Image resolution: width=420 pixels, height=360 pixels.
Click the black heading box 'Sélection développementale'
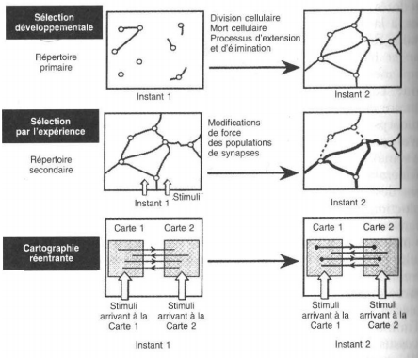[54, 23]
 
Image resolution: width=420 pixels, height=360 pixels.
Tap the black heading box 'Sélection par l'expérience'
[51, 126]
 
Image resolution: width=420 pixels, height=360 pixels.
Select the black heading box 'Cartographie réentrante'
[51, 254]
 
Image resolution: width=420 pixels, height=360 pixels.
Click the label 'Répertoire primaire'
[56, 62]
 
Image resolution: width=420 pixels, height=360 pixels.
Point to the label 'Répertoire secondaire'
[51, 165]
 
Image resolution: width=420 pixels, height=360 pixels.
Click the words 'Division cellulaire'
[245, 18]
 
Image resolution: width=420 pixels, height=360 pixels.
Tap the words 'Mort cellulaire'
[238, 28]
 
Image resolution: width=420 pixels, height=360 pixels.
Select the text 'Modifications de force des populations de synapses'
[239, 138]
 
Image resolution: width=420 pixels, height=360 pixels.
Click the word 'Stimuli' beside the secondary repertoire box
[186, 197]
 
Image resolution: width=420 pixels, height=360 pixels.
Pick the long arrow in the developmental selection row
[254, 67]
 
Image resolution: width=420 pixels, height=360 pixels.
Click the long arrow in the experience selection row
[252, 172]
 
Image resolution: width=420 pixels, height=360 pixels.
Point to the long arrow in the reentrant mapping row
[253, 261]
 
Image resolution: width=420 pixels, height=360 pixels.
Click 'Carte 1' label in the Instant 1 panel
[129, 228]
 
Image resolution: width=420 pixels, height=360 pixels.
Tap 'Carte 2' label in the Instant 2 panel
[379, 227]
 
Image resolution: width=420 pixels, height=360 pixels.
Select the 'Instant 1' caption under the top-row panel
[153, 97]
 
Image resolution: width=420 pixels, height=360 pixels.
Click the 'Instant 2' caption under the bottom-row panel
[352, 344]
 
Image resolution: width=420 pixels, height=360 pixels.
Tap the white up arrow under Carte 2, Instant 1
[182, 286]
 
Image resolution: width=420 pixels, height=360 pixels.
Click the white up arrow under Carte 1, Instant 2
[324, 285]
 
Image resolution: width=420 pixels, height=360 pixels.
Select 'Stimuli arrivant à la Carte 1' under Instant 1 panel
[123, 316]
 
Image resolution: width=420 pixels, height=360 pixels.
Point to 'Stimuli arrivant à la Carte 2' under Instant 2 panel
[382, 315]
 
